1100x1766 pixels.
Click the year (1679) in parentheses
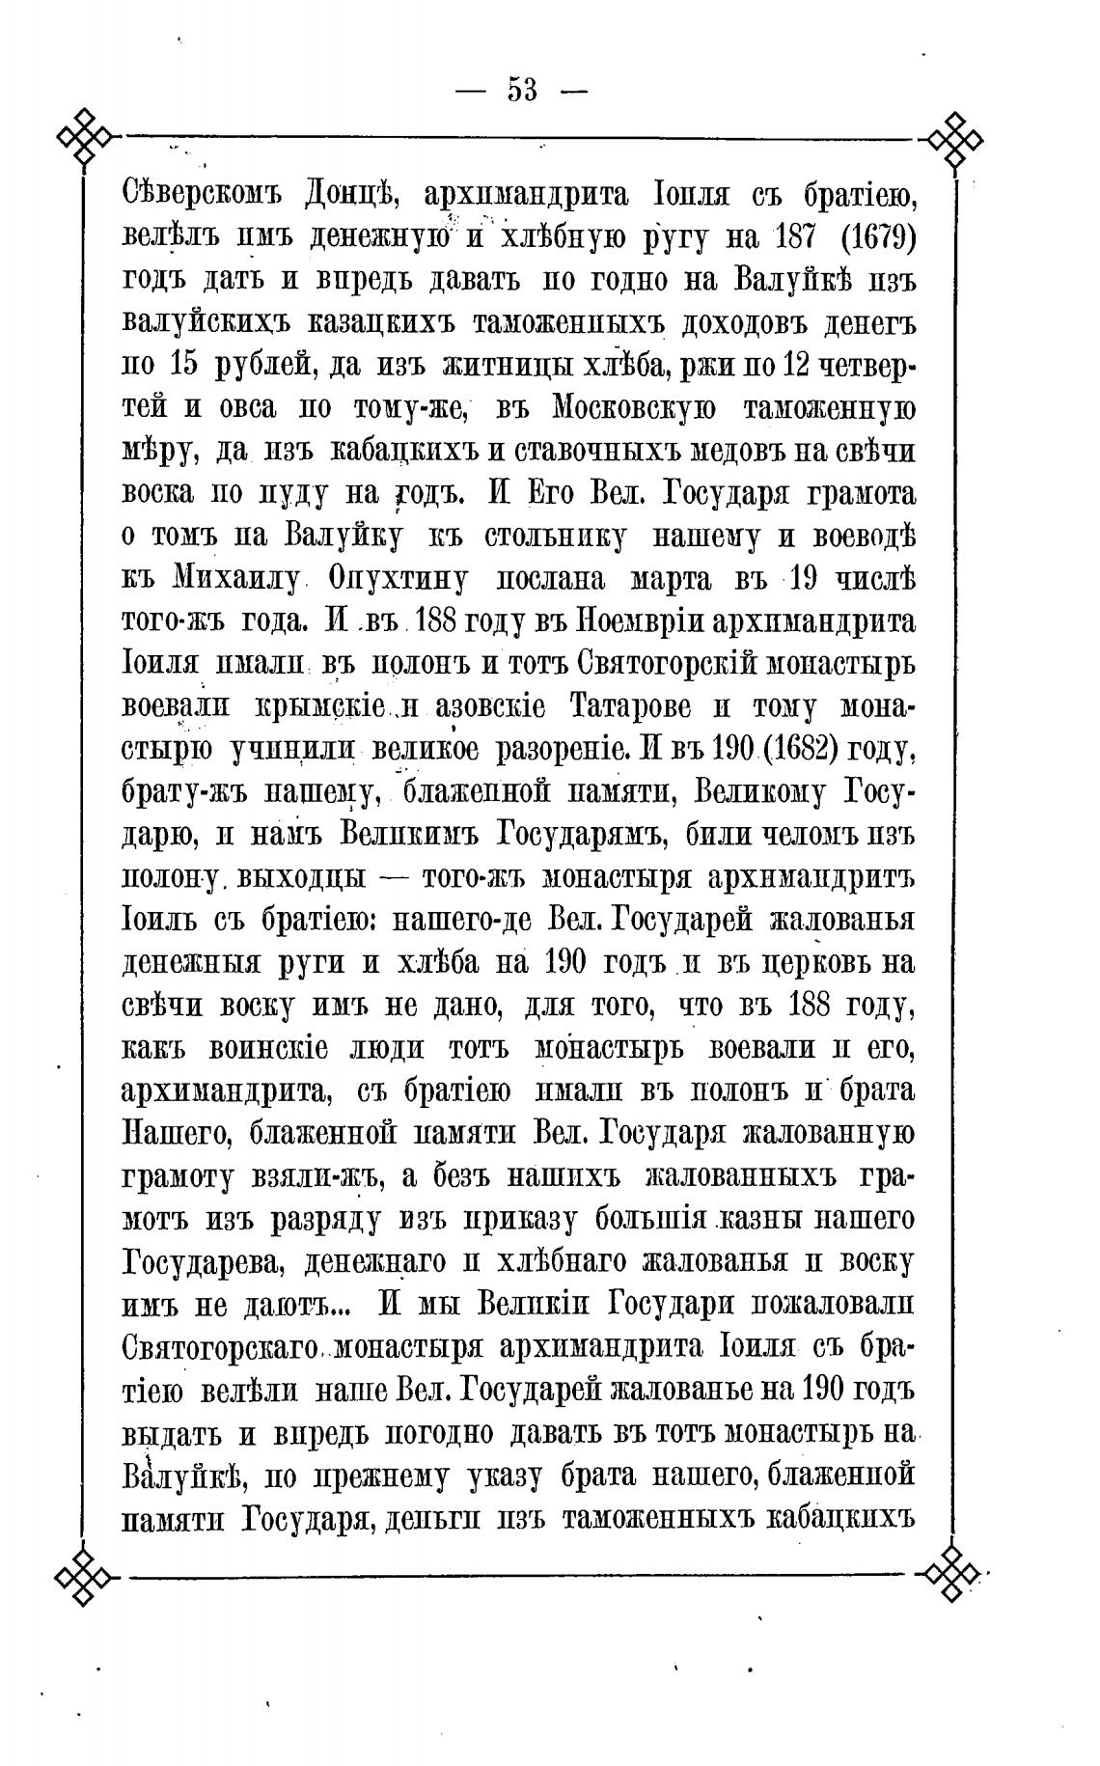point(872,236)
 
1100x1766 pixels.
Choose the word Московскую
point(633,407)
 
